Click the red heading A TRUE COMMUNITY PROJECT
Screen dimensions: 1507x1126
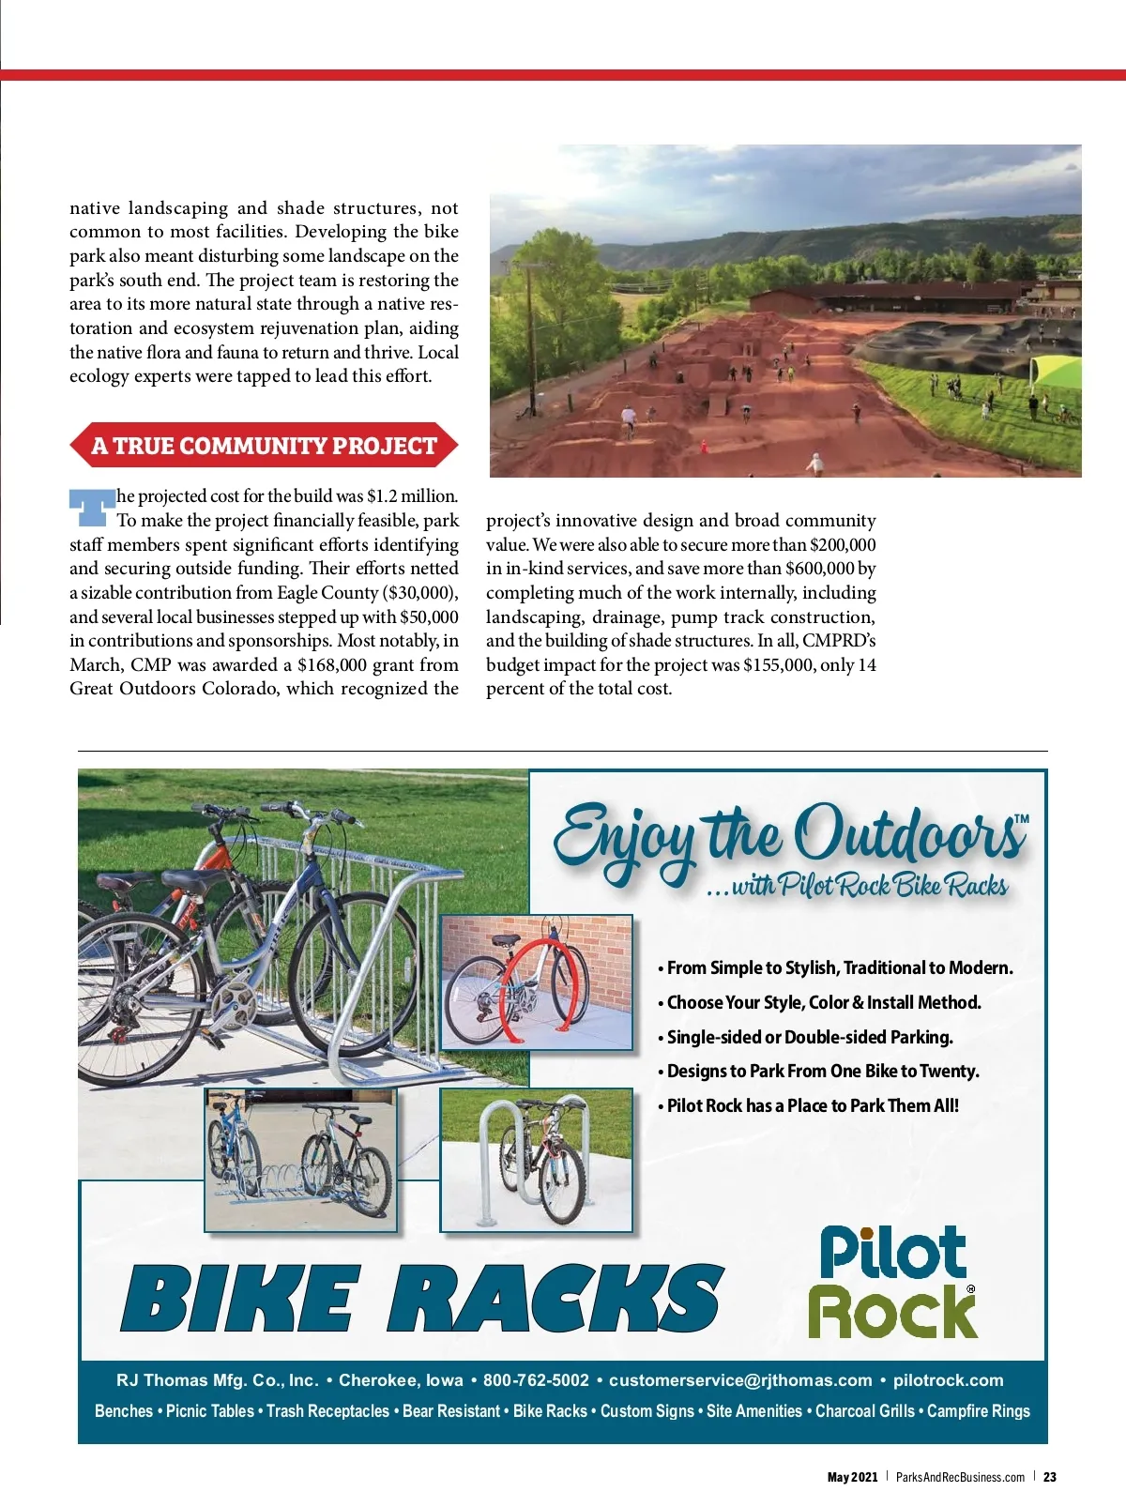(x=264, y=446)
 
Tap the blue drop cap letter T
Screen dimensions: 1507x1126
(x=90, y=507)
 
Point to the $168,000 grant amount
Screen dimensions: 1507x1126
(x=331, y=665)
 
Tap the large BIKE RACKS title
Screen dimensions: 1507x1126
(x=422, y=1299)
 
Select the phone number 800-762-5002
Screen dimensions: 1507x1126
(x=536, y=1380)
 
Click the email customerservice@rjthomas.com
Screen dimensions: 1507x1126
(x=740, y=1380)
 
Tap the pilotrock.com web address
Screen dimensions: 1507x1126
(x=948, y=1380)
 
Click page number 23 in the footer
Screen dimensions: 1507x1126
(x=1050, y=1477)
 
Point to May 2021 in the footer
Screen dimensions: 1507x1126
(x=852, y=1477)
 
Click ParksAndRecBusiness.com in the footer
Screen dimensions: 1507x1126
(x=960, y=1477)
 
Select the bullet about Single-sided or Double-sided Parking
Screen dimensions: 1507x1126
(x=809, y=1037)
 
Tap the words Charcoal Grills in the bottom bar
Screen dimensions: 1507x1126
(x=864, y=1411)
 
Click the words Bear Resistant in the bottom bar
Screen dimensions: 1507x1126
(x=450, y=1411)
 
